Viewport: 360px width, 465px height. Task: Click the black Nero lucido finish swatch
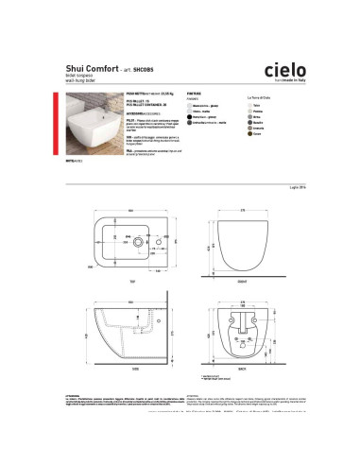click(x=190, y=117)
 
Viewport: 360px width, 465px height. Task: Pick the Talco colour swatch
click(x=250, y=106)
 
